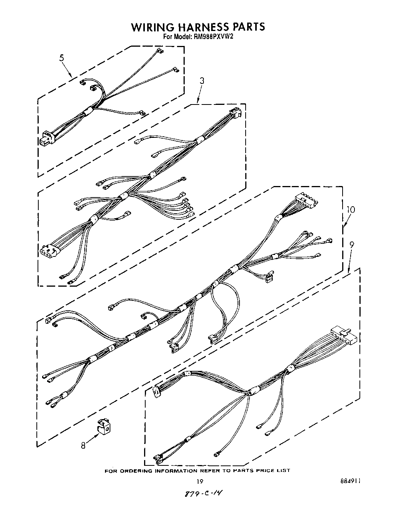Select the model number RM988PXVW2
pyautogui.click(x=214, y=37)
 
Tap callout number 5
pyautogui.click(x=61, y=58)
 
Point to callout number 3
pyautogui.click(x=202, y=81)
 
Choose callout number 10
pyautogui.click(x=350, y=209)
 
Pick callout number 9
pyautogui.click(x=352, y=244)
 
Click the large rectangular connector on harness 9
pyautogui.click(x=344, y=335)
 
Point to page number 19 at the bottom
pyautogui.click(x=198, y=481)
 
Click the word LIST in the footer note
pyautogui.click(x=284, y=470)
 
